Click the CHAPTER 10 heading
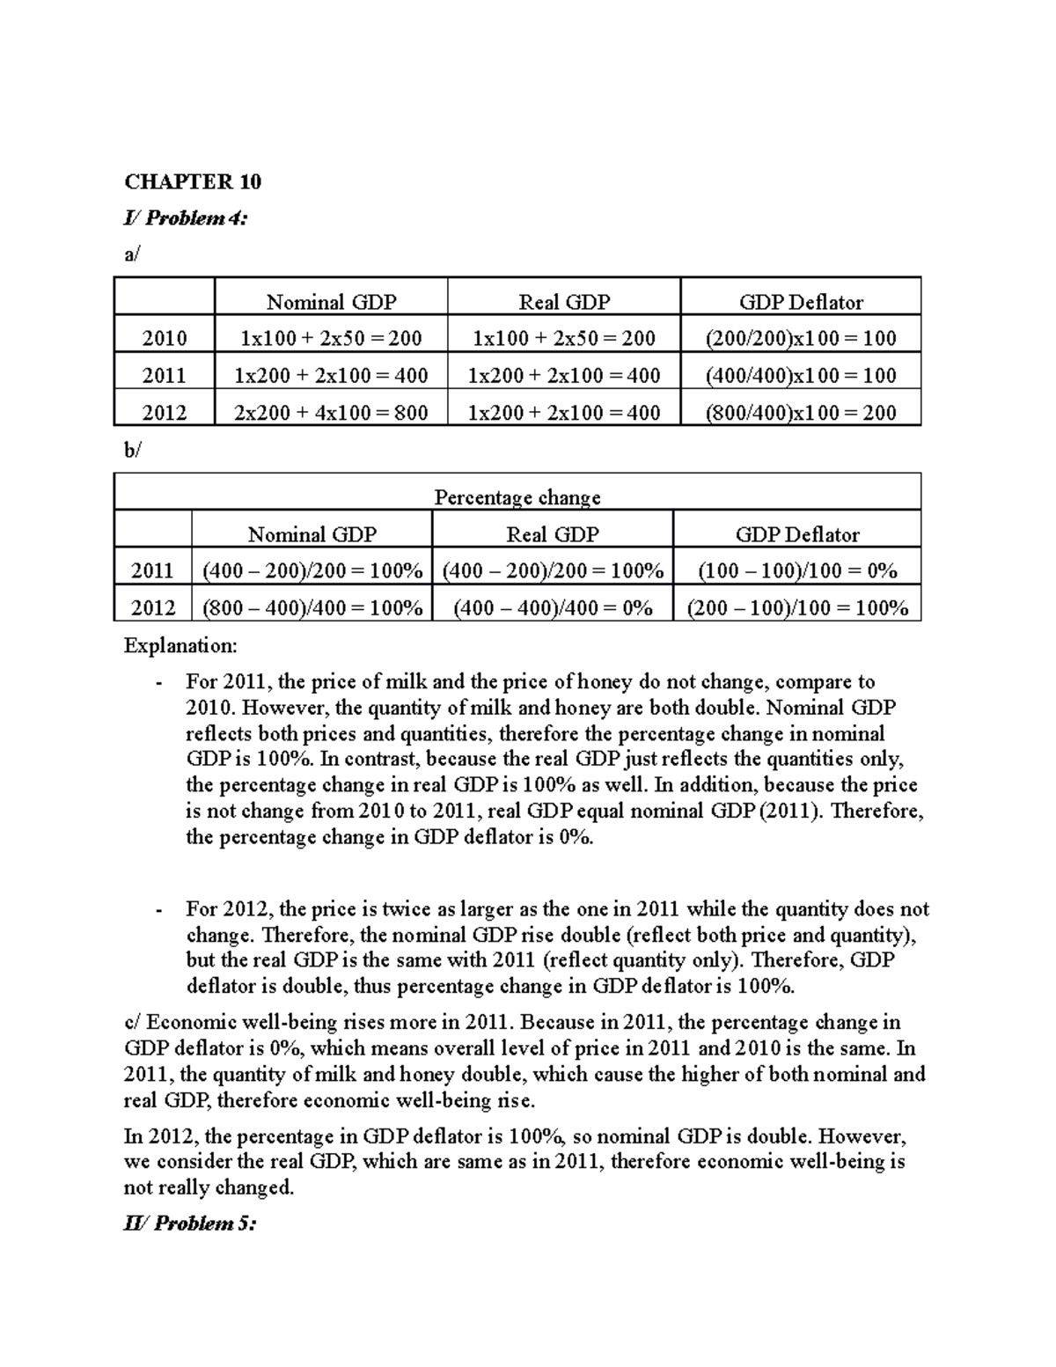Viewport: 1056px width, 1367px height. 193,182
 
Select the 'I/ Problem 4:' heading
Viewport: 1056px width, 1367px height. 186,218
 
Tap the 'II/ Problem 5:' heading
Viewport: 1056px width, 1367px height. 190,1224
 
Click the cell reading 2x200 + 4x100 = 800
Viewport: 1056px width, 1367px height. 331,413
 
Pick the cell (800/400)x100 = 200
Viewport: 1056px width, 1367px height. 801,413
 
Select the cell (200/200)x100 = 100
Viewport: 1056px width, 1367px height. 801,338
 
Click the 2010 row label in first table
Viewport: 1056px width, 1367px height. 165,338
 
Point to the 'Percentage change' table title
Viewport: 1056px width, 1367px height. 517,497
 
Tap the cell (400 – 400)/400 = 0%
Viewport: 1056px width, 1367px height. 553,608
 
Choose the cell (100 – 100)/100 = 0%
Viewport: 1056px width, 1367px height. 797,571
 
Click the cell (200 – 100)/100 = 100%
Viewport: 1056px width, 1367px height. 797,608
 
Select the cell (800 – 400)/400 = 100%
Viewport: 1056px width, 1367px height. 312,608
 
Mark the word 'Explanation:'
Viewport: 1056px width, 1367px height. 180,646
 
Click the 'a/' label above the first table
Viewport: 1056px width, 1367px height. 132,255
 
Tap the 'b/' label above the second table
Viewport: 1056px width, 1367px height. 132,451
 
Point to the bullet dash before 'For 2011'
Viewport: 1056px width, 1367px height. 158,683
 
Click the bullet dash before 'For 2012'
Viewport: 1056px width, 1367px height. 158,910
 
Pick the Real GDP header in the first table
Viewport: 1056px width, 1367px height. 564,302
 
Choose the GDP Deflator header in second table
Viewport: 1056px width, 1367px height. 797,534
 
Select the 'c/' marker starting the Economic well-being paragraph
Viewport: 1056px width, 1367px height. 133,1023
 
